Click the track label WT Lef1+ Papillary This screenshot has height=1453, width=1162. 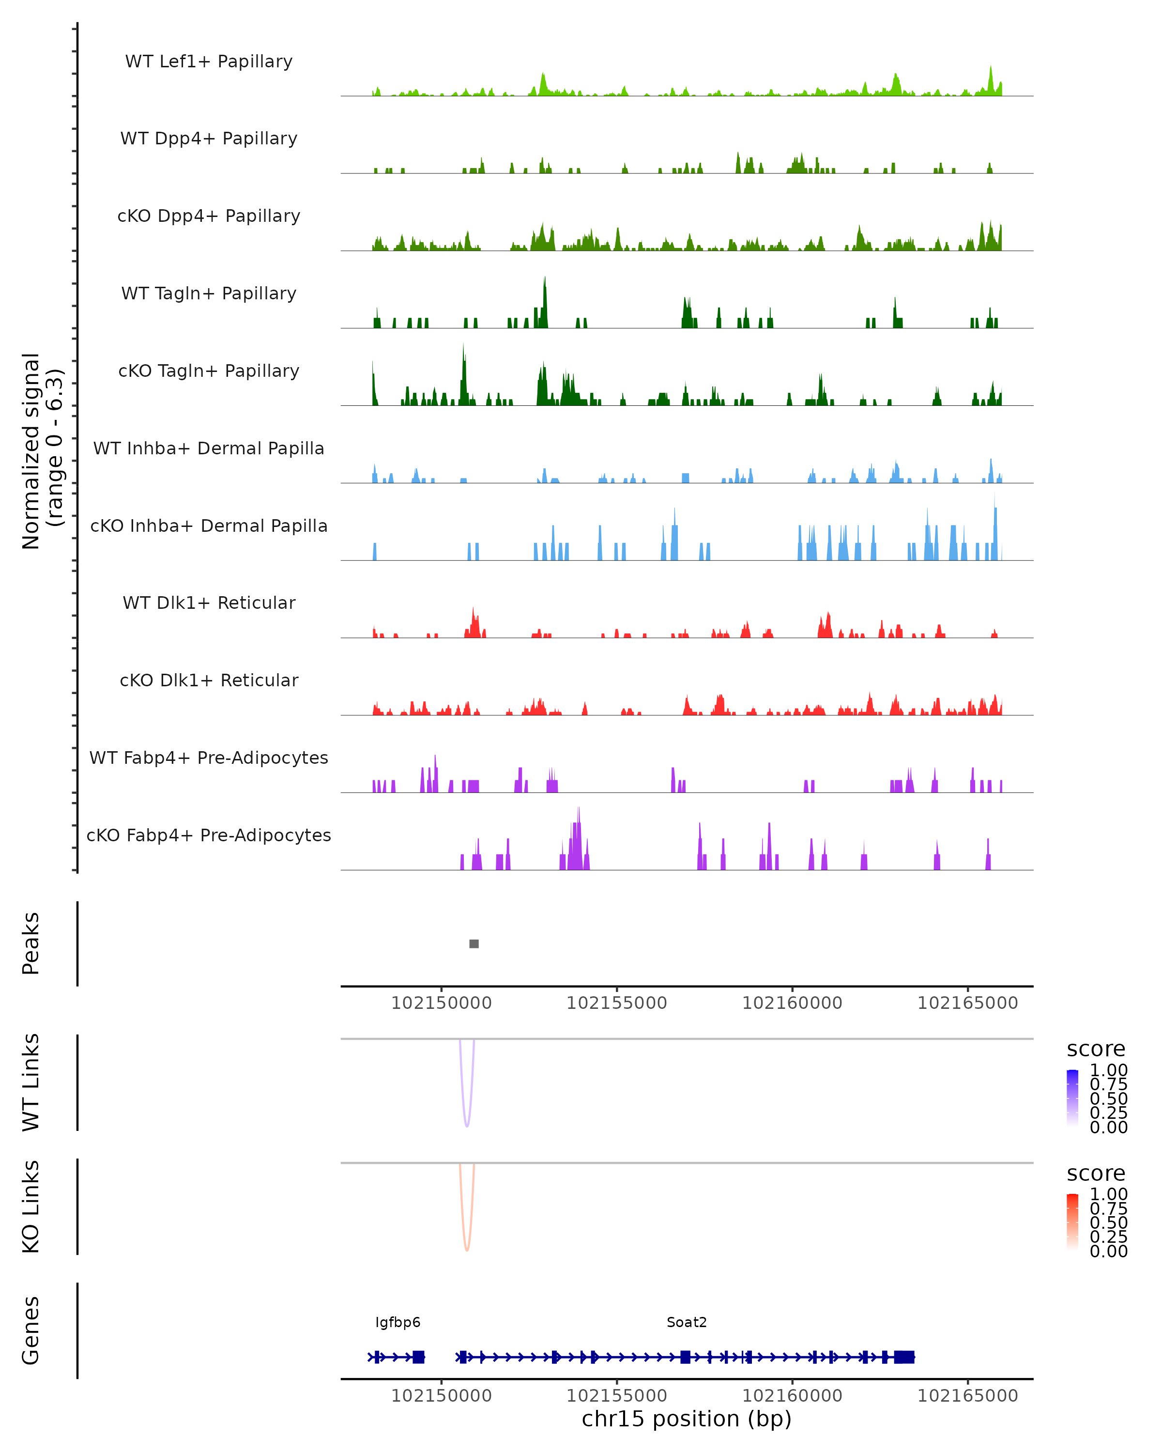coord(209,62)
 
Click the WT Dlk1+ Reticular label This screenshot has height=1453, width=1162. coord(209,603)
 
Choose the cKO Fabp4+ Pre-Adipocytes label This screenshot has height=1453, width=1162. coord(209,835)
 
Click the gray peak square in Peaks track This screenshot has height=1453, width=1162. coord(474,943)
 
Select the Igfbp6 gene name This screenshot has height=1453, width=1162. coord(398,1322)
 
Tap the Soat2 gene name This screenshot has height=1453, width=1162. coord(687,1322)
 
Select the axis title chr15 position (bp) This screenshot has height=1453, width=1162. coord(687,1419)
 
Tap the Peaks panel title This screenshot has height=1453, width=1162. coord(31,943)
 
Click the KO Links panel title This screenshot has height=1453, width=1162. coord(31,1207)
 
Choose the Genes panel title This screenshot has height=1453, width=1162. coord(31,1330)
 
